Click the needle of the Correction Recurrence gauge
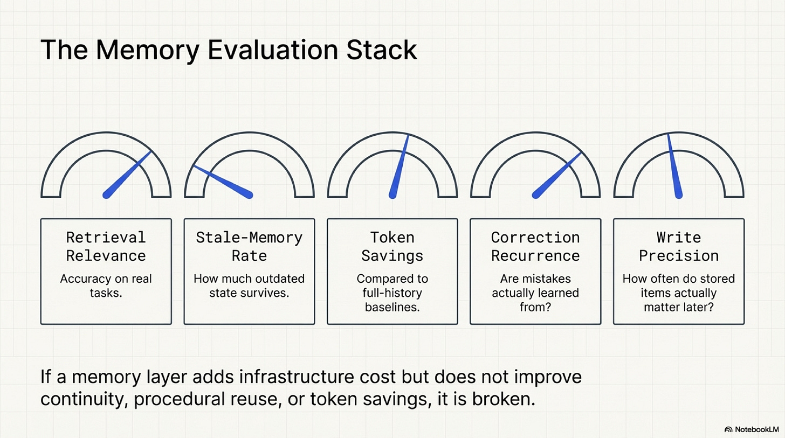tap(557, 174)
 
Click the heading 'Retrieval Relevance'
tap(106, 246)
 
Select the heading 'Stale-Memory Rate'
tap(249, 246)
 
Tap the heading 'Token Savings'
tap(392, 246)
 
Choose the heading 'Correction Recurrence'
tap(535, 246)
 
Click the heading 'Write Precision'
tap(679, 246)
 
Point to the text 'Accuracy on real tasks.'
tap(106, 286)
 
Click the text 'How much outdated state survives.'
tap(249, 286)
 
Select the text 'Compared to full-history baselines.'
tap(392, 294)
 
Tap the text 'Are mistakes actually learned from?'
tap(535, 294)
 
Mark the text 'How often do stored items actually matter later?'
tap(679, 294)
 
